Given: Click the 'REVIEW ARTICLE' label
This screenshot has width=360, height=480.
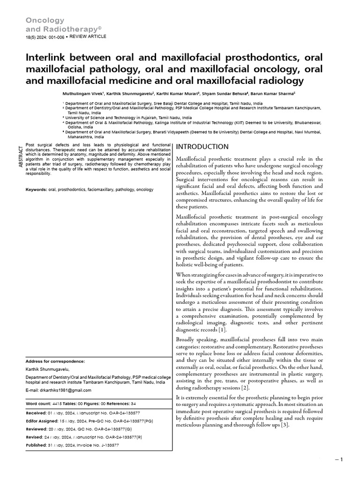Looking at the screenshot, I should [88, 37].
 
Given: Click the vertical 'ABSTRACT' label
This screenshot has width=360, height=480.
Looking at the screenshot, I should [21, 157].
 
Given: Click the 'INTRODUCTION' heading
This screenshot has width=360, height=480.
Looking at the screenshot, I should [202, 147].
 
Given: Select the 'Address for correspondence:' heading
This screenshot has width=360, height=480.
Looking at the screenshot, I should [55, 361].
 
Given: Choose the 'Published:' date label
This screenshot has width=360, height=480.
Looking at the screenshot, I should [36, 445].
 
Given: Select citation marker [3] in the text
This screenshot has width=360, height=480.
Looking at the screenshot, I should [285, 425].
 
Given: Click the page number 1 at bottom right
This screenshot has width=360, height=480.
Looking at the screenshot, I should [342, 459].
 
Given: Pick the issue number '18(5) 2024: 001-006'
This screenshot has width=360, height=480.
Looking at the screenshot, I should [44, 37].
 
